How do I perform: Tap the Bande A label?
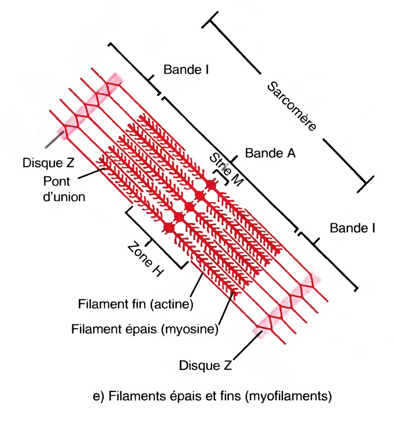coord(270,153)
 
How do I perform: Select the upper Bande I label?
coord(186,69)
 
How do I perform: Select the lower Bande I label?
coord(352,227)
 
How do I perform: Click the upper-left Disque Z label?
coord(48,163)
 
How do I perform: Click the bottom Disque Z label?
coord(206,365)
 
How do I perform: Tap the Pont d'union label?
coord(64,188)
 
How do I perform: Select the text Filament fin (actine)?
coord(135,303)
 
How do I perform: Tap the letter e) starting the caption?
coord(98,396)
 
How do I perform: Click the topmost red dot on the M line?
coord(211,184)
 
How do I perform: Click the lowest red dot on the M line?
coord(169,227)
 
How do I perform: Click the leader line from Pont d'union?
coord(93,171)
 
